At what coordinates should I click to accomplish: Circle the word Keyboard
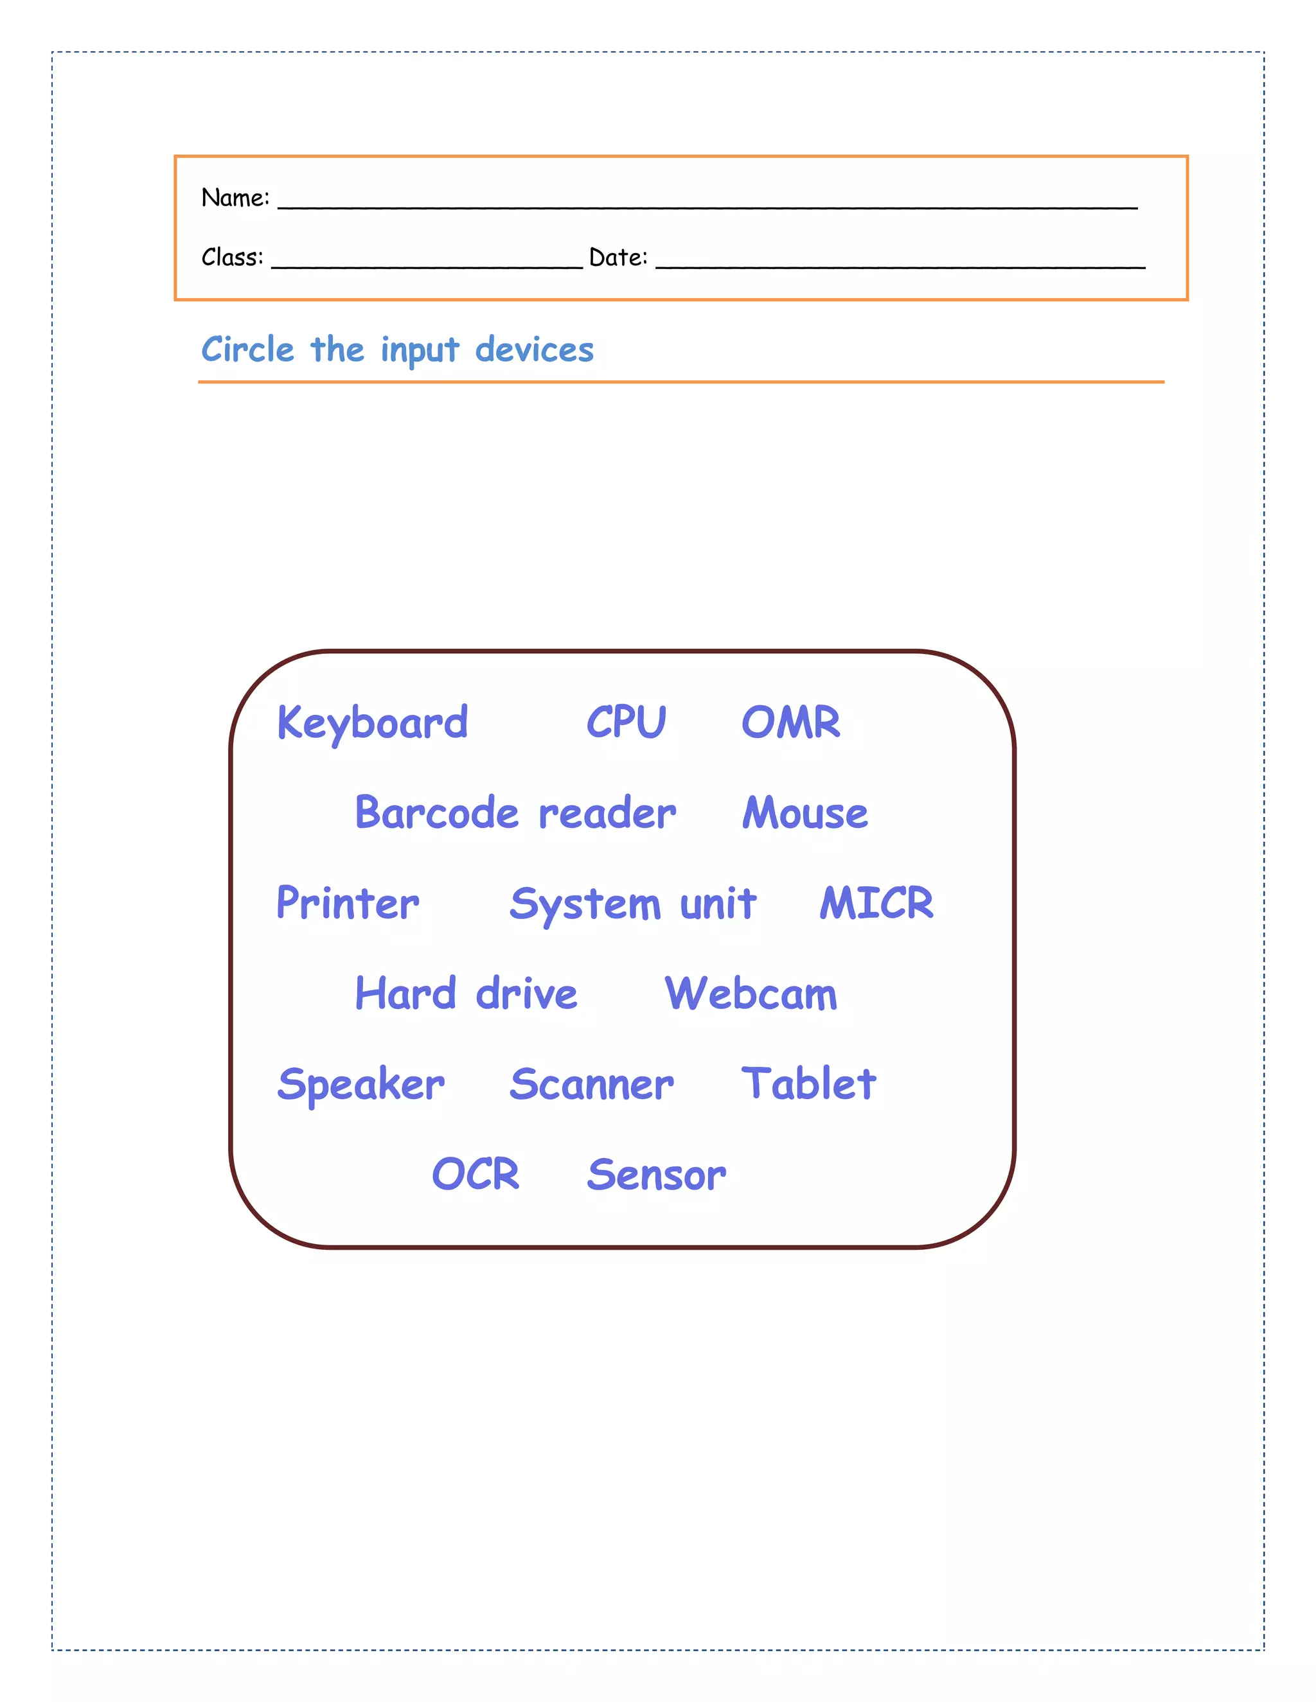pos(373,723)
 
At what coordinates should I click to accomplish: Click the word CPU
pos(626,722)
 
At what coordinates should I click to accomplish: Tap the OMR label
pos(790,722)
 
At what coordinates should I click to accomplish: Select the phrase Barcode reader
pos(515,813)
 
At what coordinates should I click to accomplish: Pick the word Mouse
pos(805,813)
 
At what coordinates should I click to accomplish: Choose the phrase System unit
pos(632,904)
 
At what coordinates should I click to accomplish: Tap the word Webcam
pos(751,994)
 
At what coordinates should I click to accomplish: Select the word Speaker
pos(361,1085)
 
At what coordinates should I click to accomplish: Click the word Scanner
pos(592,1084)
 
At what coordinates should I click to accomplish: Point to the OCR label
pos(476,1175)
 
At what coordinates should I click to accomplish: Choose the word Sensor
pos(657,1175)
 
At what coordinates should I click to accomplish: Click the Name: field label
pos(235,198)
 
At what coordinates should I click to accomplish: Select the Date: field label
pos(618,257)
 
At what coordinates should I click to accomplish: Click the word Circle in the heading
pos(248,350)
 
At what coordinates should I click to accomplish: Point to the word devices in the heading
pos(535,350)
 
